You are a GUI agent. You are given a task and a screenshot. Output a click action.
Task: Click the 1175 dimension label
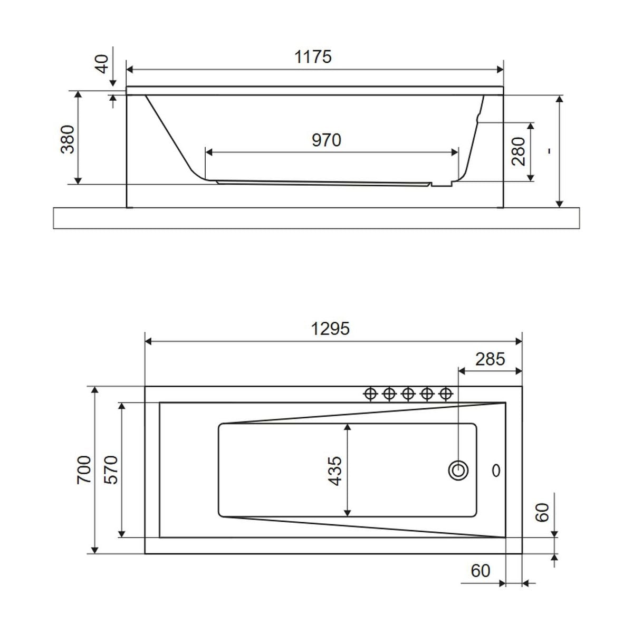coord(313,57)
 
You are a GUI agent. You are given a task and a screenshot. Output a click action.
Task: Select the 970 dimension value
coord(326,140)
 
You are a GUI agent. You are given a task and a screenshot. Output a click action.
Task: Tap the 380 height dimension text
coord(68,139)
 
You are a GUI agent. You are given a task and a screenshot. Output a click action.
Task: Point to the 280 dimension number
coord(519,151)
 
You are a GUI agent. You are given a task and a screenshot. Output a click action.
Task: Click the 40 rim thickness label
coord(102,64)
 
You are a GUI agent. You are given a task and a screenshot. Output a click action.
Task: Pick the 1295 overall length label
coord(330,329)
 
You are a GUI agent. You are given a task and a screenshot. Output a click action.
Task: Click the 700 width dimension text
coord(84,470)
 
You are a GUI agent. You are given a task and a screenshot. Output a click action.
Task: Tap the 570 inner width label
coord(111,470)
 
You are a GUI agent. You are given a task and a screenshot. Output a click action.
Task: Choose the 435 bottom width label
coord(335,471)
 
